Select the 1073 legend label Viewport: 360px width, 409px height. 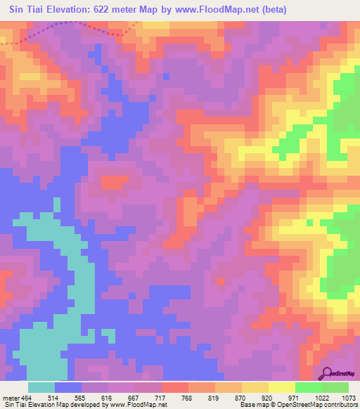tap(346, 398)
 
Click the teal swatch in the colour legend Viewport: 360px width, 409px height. tap(42, 387)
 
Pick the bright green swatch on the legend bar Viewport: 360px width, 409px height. tap(308, 387)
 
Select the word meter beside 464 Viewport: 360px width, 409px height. tap(11, 398)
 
